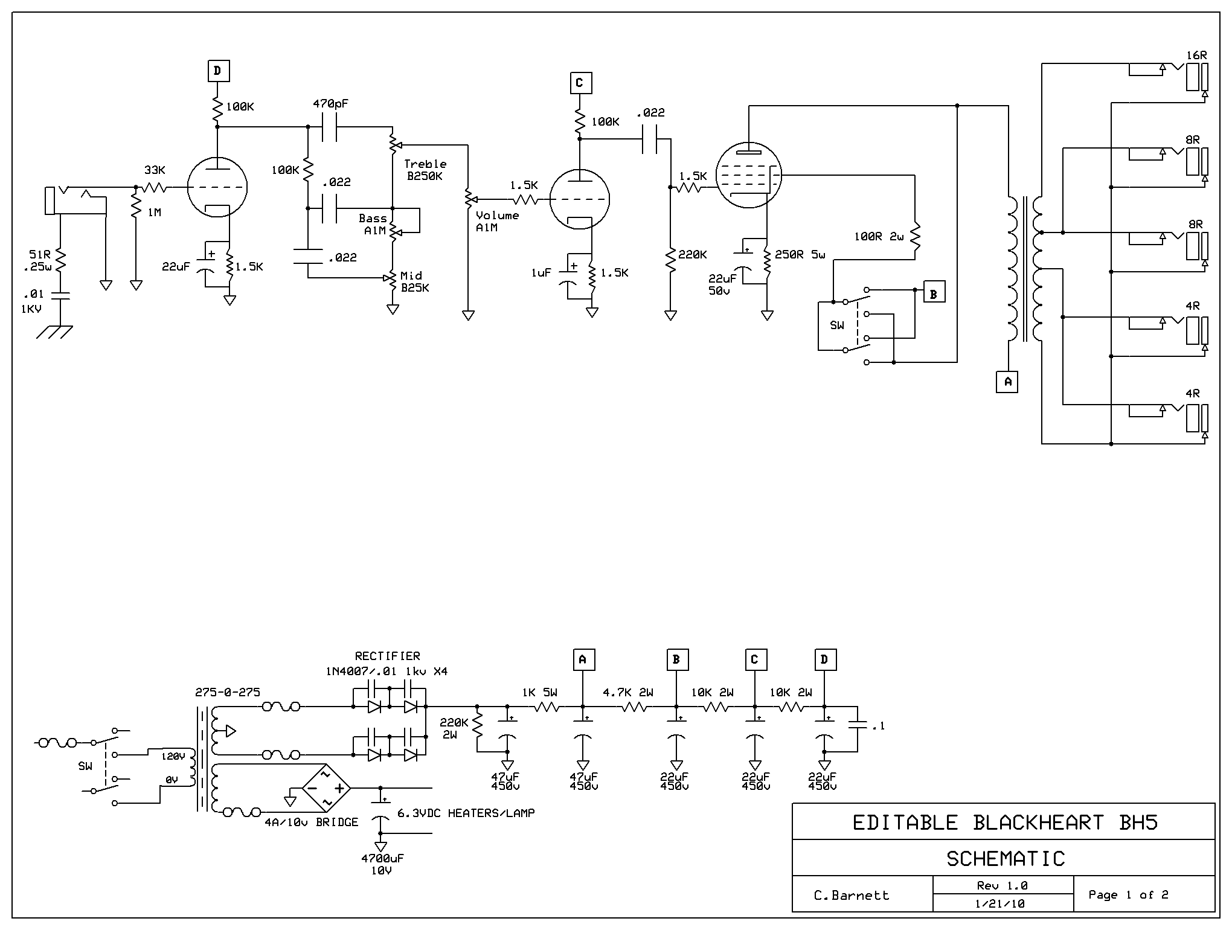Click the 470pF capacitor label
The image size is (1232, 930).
330,104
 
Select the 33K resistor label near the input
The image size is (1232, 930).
155,170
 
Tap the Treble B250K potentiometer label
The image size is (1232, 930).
425,170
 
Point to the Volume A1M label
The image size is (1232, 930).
497,221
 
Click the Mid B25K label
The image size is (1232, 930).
415,282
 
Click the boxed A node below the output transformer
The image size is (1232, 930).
1007,382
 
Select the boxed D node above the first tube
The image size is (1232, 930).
217,71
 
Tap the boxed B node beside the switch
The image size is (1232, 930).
934,294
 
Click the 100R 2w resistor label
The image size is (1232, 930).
879,237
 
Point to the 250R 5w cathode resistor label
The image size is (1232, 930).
800,255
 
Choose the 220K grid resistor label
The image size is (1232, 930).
693,255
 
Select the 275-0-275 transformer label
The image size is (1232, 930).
228,692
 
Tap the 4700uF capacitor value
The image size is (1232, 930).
383,859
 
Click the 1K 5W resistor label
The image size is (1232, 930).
540,693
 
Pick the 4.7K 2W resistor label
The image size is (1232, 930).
628,693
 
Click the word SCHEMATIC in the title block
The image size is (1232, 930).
1006,859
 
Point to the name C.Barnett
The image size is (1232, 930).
852,896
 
